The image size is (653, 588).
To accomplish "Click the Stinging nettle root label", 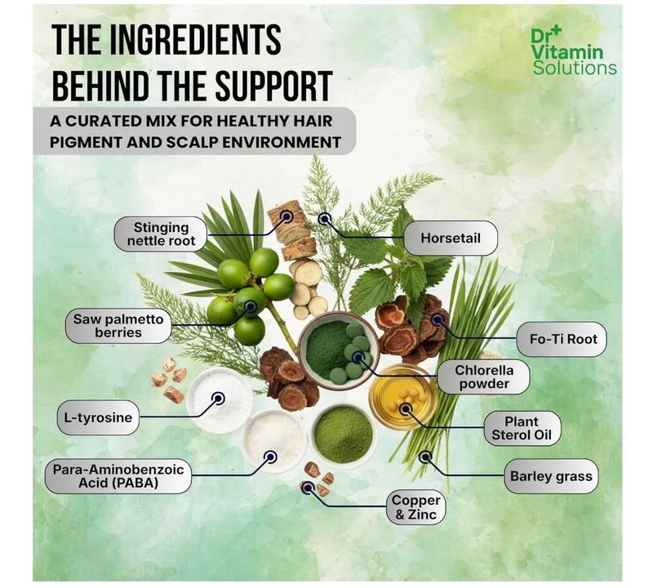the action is [x=161, y=234].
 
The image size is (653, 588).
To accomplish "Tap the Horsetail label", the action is [x=451, y=238].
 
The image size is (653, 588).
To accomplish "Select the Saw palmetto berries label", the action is [x=118, y=326].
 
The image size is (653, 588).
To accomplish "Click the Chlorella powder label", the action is [x=484, y=377].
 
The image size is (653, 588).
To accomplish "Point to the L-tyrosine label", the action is [x=98, y=417].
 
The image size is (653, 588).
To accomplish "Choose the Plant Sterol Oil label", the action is [x=522, y=429].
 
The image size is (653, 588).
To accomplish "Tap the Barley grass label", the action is [x=551, y=476].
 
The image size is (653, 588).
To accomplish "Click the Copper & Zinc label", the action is [x=415, y=507].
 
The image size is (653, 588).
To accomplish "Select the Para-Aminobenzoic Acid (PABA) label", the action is [x=118, y=476].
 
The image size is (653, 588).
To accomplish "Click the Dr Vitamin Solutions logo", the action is [x=574, y=51].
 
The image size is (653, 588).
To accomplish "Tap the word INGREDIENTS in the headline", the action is [x=195, y=39].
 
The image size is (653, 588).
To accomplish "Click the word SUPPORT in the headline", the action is [x=274, y=86].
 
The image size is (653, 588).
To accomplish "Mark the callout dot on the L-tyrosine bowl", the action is [x=218, y=399].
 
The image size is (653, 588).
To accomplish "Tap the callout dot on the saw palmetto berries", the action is [x=251, y=307].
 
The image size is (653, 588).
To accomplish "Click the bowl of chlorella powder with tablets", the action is [x=339, y=350].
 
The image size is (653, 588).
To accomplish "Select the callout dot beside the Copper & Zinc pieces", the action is [x=308, y=488].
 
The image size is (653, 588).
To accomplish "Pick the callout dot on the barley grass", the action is [x=425, y=457].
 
